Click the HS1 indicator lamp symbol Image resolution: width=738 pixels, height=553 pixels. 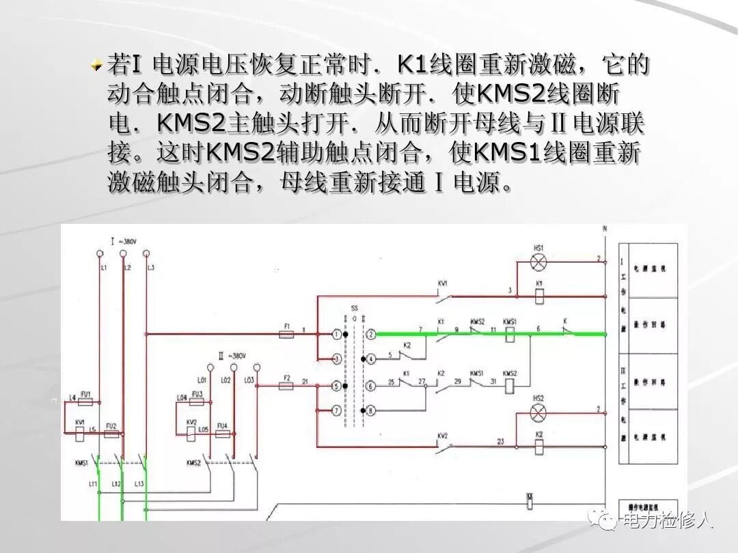click(x=539, y=261)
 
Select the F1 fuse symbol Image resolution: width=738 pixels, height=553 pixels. click(x=287, y=335)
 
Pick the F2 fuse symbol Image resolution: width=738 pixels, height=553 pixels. click(x=287, y=386)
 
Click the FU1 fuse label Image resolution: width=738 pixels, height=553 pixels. click(x=85, y=394)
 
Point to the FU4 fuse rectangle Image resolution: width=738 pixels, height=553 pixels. click(x=222, y=434)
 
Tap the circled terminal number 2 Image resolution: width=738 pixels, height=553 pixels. click(x=370, y=335)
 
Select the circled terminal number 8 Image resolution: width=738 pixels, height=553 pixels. click(x=370, y=411)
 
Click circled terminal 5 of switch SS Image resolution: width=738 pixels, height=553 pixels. click(x=336, y=386)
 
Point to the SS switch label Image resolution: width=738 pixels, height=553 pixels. click(x=353, y=309)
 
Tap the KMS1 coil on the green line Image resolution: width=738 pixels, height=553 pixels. click(x=510, y=334)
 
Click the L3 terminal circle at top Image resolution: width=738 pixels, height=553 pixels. click(x=146, y=253)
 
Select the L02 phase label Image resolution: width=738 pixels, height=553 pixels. click(x=225, y=380)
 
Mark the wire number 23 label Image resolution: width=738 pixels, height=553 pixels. click(x=500, y=442)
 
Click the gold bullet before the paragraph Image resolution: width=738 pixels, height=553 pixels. click(x=97, y=66)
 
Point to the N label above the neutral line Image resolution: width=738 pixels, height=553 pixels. click(x=604, y=229)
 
